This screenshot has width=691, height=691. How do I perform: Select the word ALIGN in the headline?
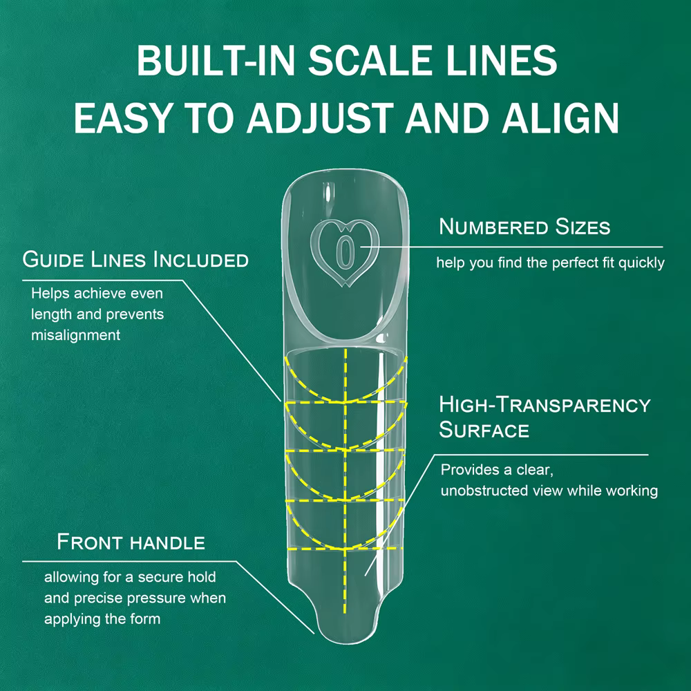(560, 117)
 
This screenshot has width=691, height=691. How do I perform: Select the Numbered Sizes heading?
(524, 227)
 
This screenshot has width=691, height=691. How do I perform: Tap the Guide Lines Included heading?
(135, 259)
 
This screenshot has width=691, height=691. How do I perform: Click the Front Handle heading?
(131, 542)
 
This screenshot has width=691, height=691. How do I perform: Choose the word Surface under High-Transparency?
(484, 430)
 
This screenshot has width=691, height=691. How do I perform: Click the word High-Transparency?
(545, 404)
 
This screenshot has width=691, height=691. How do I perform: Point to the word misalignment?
(75, 335)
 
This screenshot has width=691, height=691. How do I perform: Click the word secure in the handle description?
(153, 577)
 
